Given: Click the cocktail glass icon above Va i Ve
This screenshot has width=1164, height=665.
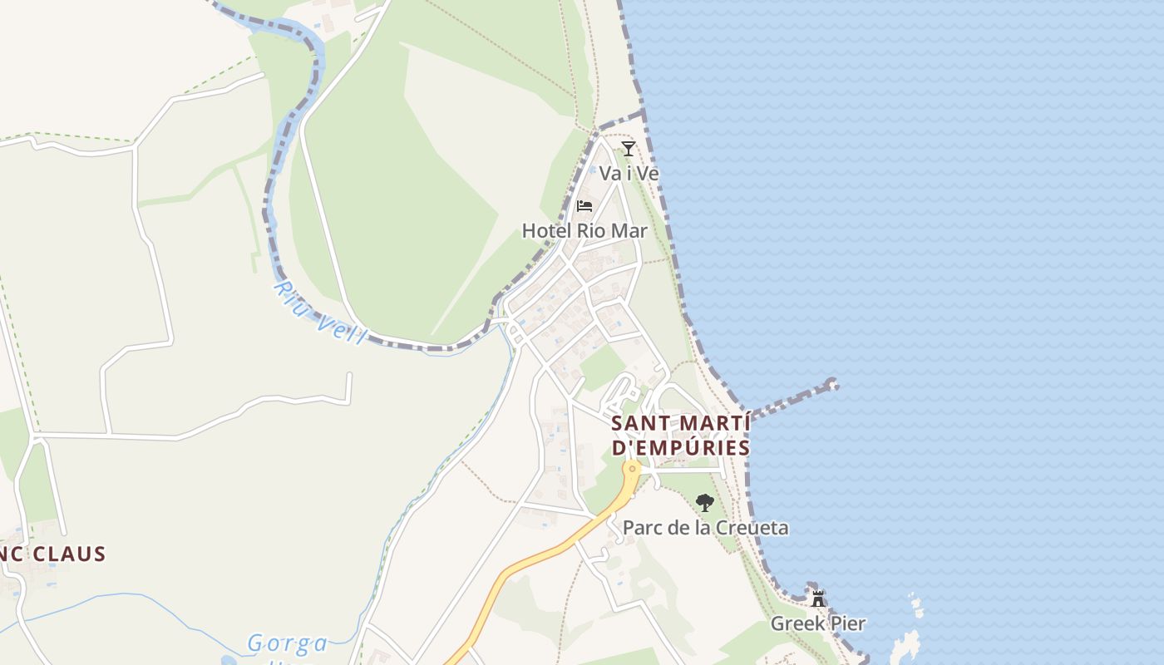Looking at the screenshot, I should (x=629, y=149).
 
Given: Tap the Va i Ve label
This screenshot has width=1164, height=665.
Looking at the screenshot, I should (x=629, y=174).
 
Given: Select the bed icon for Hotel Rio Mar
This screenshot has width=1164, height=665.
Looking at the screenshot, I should (x=584, y=205).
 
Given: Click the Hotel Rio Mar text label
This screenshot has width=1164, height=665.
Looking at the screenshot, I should (x=584, y=230).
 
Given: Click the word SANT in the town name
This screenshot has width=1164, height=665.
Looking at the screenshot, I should (x=643, y=423).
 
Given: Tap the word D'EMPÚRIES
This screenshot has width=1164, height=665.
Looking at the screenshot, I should (x=681, y=447).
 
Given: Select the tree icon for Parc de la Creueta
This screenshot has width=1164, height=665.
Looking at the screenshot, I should (x=705, y=502).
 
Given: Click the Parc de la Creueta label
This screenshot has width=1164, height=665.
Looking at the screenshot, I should (x=705, y=528).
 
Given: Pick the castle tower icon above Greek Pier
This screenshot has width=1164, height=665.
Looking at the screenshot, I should (x=818, y=598).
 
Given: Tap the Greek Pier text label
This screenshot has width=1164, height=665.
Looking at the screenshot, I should (x=818, y=623).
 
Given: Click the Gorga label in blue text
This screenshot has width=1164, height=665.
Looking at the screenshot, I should (x=288, y=643).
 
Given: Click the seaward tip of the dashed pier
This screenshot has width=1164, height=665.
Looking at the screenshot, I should (x=832, y=384).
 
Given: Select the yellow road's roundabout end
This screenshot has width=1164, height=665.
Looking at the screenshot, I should (x=633, y=469).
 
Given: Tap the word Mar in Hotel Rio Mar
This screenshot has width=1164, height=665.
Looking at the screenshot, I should (x=629, y=230).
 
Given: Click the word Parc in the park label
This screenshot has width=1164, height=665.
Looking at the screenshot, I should (x=641, y=528).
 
